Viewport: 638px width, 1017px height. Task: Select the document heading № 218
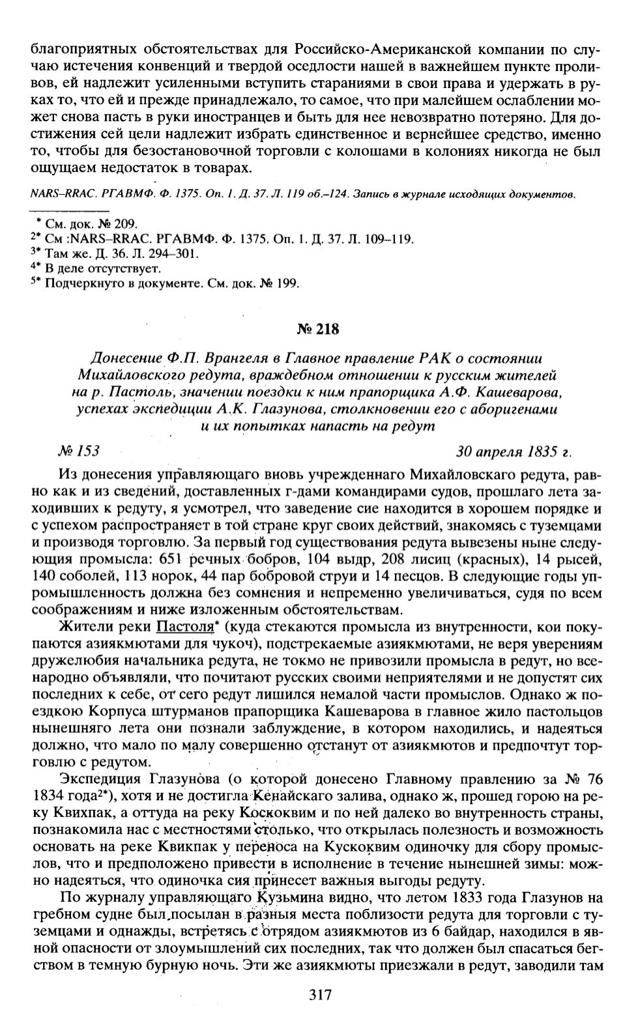[319, 329]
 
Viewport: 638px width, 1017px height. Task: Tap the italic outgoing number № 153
[79, 450]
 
